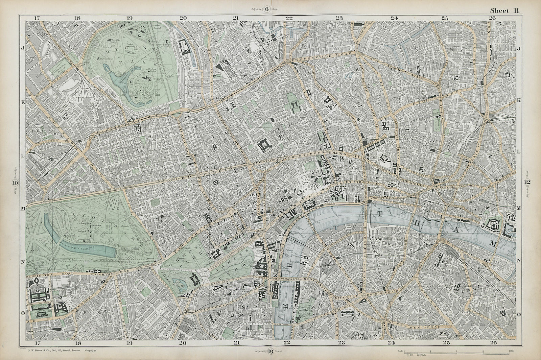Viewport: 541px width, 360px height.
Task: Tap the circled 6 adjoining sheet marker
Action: tap(266, 9)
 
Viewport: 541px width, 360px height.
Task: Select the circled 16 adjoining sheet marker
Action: tap(270, 351)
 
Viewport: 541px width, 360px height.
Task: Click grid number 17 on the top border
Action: tap(37, 18)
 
